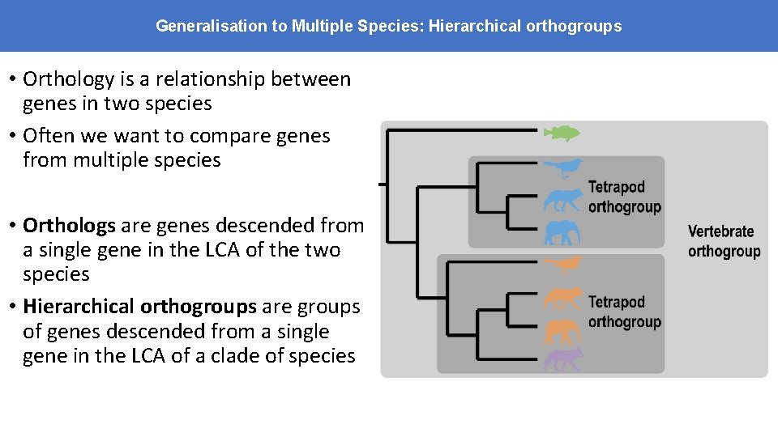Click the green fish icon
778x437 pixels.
coord(561,133)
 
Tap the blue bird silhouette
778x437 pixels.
coord(562,168)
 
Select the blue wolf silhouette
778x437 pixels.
coord(562,199)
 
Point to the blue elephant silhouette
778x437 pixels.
coord(562,233)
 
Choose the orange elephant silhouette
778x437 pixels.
coord(562,331)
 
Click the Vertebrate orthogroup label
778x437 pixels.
coord(724,241)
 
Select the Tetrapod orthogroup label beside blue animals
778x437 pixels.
coord(624,197)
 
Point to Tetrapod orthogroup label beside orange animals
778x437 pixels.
coord(624,312)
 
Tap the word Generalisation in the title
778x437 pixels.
coord(212,26)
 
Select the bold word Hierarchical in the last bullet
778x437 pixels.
coord(79,307)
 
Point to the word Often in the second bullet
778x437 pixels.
coord(49,135)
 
